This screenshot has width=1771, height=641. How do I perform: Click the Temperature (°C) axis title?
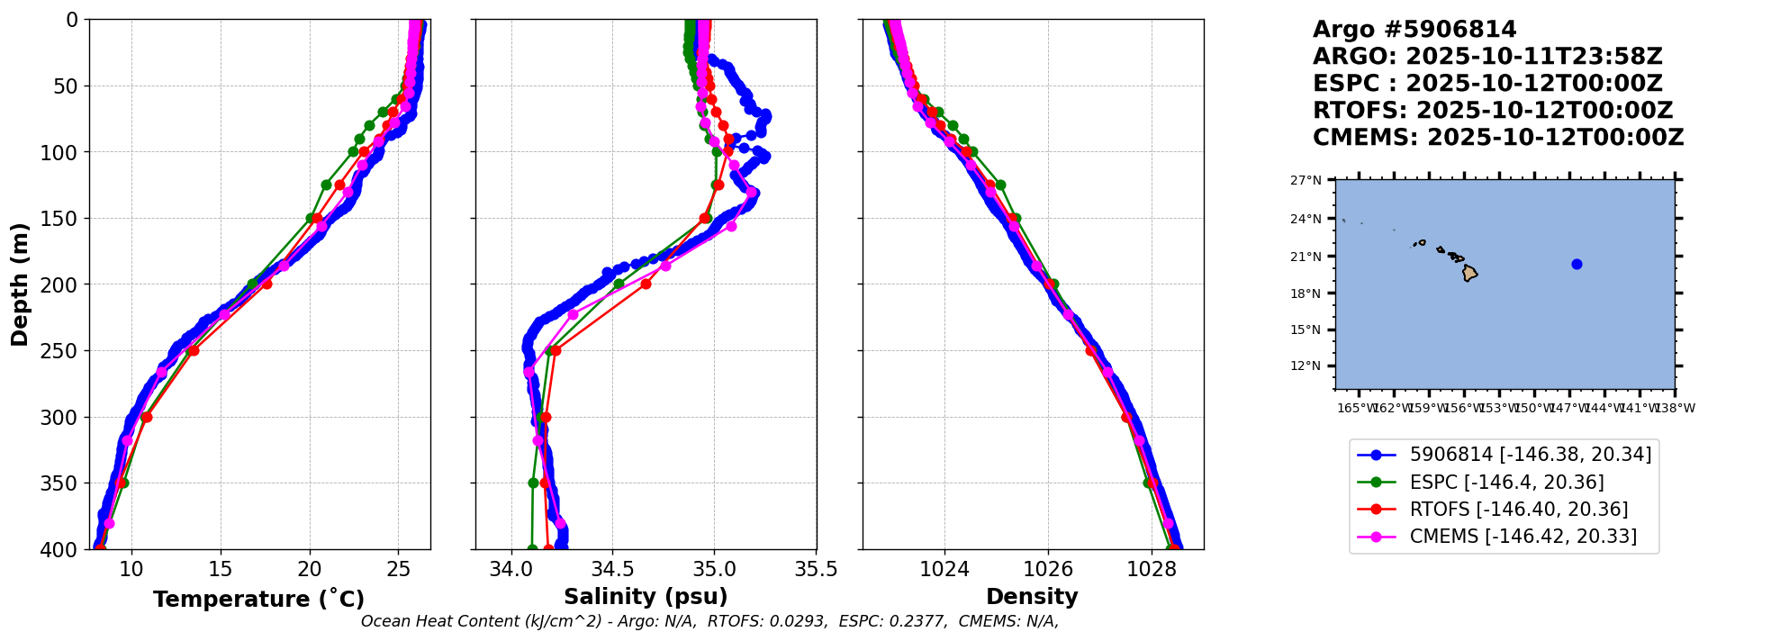pos(258,600)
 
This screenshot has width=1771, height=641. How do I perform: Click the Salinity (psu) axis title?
pos(646,597)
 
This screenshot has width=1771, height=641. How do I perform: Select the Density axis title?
pos(1032,597)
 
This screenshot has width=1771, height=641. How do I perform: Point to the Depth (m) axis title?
pos(20,284)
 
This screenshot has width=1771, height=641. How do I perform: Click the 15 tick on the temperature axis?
pos(221,569)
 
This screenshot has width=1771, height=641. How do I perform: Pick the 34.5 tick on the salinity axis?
pos(612,569)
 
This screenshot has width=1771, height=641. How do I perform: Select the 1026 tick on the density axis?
pos(1049,569)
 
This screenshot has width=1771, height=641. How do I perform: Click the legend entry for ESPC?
pos(1506,483)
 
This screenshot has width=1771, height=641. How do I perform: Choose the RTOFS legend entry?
pos(1518,510)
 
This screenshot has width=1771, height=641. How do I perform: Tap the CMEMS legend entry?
pos(1523,537)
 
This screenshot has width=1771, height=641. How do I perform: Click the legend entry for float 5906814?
pos(1530,456)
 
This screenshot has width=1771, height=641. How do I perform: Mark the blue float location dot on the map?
pos(1577,264)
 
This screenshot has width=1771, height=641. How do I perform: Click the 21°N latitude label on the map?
pos(1306,257)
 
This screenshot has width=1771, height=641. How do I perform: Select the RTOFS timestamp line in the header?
pos(1492,111)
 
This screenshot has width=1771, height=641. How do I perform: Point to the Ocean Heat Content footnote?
pos(709,621)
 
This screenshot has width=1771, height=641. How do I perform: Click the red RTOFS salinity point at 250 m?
pos(556,350)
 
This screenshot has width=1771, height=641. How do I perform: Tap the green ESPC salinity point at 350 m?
pos(533,483)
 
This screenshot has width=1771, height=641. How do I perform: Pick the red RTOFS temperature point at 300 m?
pos(147,417)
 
